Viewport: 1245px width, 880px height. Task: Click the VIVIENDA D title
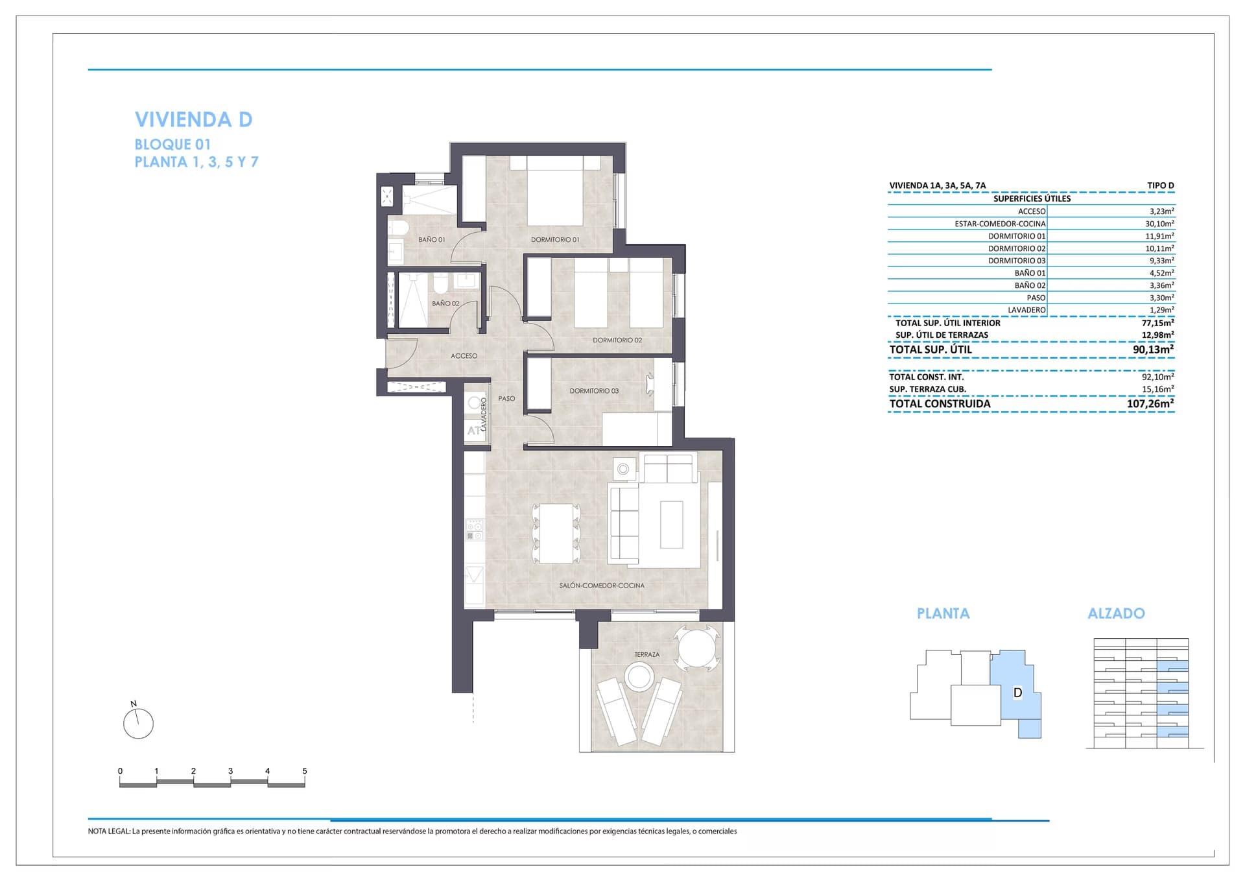pyautogui.click(x=193, y=119)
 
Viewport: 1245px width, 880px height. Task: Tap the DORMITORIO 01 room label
pyautogui.click(x=555, y=240)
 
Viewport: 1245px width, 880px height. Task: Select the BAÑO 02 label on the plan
pyautogui.click(x=445, y=303)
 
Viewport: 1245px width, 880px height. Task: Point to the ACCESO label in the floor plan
pyautogui.click(x=464, y=356)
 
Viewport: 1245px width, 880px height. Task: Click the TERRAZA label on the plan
pyautogui.click(x=646, y=655)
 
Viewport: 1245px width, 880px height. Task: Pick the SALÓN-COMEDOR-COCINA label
pyautogui.click(x=602, y=586)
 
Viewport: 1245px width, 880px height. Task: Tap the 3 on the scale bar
pyautogui.click(x=230, y=771)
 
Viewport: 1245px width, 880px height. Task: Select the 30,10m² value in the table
pyautogui.click(x=1159, y=224)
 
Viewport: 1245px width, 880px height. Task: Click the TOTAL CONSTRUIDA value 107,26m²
pyautogui.click(x=1150, y=403)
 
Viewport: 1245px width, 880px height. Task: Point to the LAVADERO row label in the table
pyautogui.click(x=1026, y=310)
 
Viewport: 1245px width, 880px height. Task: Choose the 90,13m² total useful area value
pyautogui.click(x=1153, y=349)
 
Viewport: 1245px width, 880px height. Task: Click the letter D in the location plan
pyautogui.click(x=1017, y=693)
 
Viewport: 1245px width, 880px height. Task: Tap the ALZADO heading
pyautogui.click(x=1116, y=613)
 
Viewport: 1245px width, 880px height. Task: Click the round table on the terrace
pyautogui.click(x=697, y=647)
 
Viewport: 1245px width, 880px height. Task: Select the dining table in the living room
pyautogui.click(x=556, y=534)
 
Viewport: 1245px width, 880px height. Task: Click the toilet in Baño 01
pyautogui.click(x=397, y=229)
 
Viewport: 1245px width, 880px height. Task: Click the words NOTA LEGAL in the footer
pyautogui.click(x=109, y=831)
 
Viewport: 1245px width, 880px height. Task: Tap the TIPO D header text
pyautogui.click(x=1161, y=185)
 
